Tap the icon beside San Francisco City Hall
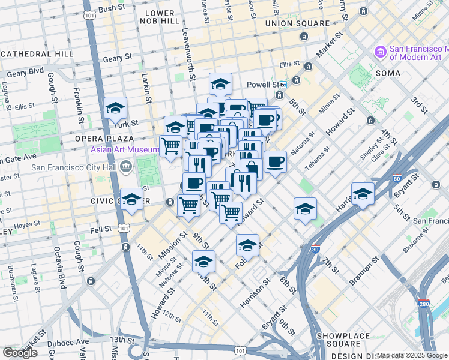pyautogui.click(x=126, y=166)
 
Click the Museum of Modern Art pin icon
pyautogui.click(x=379, y=53)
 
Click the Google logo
pyautogui.click(x=20, y=352)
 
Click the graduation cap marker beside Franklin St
pyautogui.click(x=115, y=108)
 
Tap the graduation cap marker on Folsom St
pyautogui.click(x=247, y=245)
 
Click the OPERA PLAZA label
pyautogui.click(x=95, y=138)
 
